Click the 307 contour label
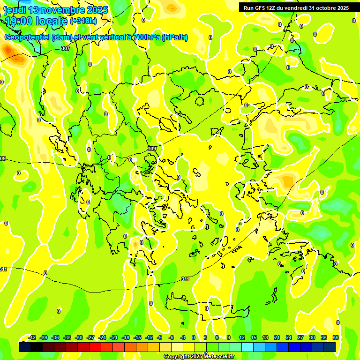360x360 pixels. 66,49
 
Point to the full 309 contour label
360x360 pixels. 152,149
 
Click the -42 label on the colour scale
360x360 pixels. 32,337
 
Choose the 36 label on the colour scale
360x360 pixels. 336,337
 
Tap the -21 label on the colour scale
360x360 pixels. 114,337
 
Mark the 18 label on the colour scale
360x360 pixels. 265,337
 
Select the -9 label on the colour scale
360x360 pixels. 159,337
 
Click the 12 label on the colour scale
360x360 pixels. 242,337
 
